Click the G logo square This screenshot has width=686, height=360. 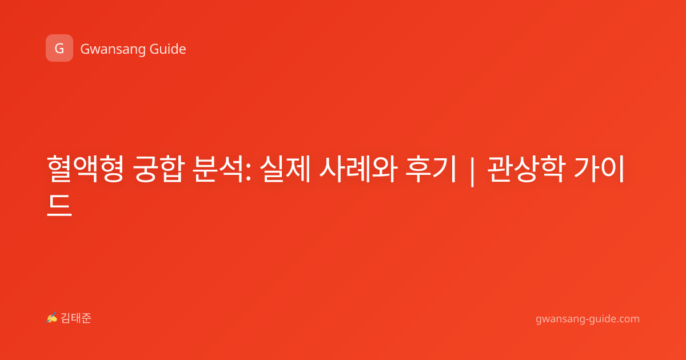(59, 48)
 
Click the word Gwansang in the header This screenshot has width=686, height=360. (113, 49)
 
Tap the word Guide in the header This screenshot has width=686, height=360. (168, 49)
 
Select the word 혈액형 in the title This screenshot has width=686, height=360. (85, 169)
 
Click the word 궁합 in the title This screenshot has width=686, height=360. (159, 169)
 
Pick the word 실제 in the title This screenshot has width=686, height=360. (285, 169)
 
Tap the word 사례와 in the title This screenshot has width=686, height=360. (358, 169)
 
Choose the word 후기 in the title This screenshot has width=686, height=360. (431, 169)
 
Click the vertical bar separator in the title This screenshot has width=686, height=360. (472, 171)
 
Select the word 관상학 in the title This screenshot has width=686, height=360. (525, 169)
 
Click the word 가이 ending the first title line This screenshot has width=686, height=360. (599, 169)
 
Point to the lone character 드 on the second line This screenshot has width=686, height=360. (59, 205)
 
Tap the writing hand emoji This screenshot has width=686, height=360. (52, 318)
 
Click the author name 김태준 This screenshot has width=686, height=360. (76, 318)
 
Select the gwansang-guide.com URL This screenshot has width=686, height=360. (588, 319)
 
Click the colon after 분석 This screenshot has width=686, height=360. (248, 173)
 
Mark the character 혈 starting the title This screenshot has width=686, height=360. (59, 169)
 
